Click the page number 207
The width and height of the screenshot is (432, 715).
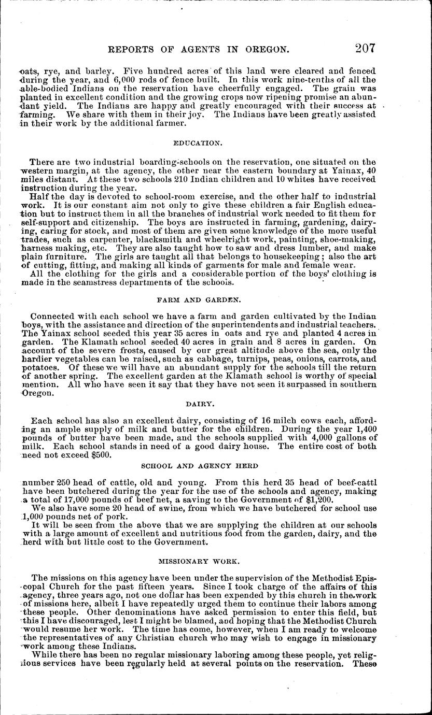tap(365, 49)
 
